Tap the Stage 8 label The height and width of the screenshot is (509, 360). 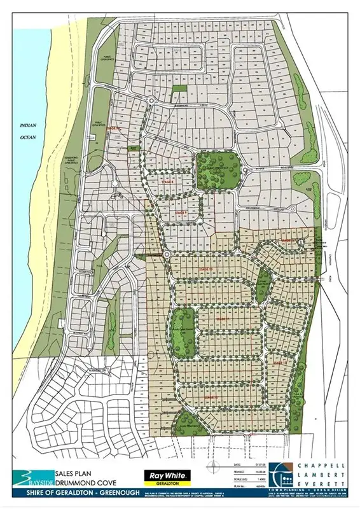point(167,181)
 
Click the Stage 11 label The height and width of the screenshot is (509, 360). point(222,317)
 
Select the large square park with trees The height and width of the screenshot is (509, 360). point(216,170)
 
